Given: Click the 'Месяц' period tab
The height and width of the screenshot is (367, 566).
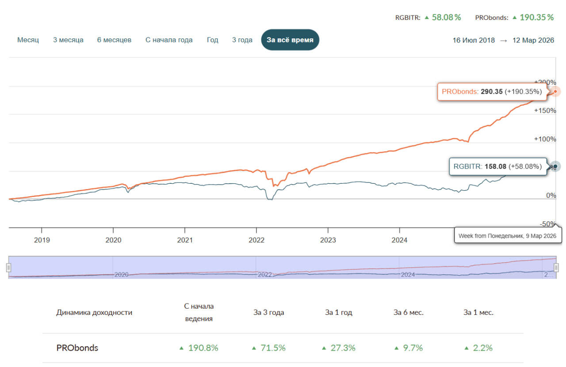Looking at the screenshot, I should coord(28,40).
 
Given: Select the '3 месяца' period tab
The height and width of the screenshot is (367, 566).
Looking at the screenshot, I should coord(68,40).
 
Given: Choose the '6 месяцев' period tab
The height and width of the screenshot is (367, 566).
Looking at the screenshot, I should coord(114,40).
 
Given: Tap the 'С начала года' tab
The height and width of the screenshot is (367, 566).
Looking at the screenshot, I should coord(169,40).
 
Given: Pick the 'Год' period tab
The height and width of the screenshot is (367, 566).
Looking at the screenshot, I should coord(212,40).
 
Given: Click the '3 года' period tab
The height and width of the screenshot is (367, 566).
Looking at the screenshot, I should coord(242,40).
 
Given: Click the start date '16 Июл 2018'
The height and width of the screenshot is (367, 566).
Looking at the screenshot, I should coord(474,40).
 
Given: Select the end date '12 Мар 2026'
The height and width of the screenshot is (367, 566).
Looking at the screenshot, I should coord(533,40).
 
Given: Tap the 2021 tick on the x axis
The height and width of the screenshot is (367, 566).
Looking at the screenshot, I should coord(185,240).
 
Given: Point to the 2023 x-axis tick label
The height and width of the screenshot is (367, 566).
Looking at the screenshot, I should coord(328,240).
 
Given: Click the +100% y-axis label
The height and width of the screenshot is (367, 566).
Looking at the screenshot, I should coord(545,139).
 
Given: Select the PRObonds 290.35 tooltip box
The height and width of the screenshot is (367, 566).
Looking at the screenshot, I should coord(491,92).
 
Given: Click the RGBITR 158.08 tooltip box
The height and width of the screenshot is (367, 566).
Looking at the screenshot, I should coord(497,166).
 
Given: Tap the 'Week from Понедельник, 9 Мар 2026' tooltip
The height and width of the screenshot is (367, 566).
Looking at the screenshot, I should coord(507,236).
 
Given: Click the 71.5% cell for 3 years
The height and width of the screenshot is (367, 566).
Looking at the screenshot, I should coord(269,348).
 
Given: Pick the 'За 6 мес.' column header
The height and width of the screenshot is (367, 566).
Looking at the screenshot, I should coord(409,312).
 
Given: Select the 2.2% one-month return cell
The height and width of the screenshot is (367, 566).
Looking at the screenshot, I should coord(478,348).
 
